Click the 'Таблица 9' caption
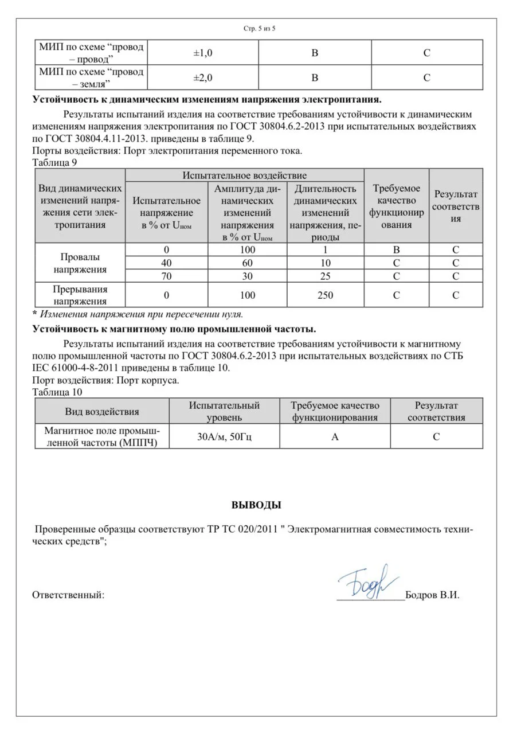click(55, 162)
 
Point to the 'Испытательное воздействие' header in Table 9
click(245, 175)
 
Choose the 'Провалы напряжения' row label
click(80, 263)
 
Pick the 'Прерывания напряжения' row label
click(80, 295)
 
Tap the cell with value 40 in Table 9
click(166, 263)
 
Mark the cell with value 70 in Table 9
click(166, 276)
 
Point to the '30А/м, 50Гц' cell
click(224, 436)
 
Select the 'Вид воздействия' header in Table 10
click(102, 412)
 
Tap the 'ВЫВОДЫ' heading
click(256, 506)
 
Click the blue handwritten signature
click(367, 581)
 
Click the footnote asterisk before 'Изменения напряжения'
click(34, 314)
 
